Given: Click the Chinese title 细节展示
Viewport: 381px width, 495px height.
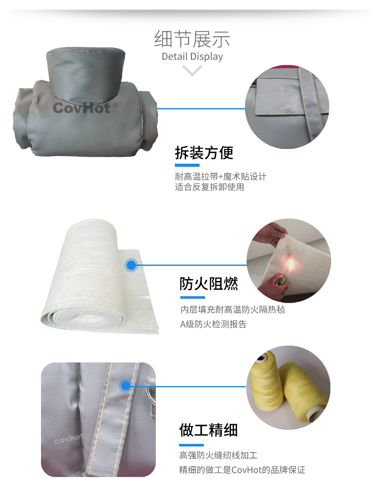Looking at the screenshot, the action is pos(192,39).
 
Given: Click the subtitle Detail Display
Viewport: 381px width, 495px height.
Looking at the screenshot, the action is pos(192,56).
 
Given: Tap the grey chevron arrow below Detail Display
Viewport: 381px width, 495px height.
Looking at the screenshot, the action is pos(192,70).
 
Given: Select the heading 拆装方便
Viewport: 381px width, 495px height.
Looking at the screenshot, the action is pos(204,153).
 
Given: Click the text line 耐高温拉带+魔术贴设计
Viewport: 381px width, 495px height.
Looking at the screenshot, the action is pos(220,176).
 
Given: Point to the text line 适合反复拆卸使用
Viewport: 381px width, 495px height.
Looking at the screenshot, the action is pos(209,187).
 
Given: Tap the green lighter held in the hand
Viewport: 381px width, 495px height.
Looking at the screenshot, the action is pos(280,281).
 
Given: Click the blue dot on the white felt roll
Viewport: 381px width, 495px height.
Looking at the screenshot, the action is pos(131,265).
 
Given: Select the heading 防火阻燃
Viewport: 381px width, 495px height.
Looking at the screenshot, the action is pos(209,283).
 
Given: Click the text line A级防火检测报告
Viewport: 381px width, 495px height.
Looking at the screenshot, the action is pos(213,324).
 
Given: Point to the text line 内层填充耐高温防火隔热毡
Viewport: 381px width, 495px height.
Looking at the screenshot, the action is pos(232,309).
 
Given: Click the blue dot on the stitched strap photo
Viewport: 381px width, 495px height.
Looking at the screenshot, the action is pos(126,386).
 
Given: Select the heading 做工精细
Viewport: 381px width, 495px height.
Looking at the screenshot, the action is pos(208,430).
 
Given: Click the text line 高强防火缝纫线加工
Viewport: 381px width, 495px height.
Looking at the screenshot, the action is pos(218,455).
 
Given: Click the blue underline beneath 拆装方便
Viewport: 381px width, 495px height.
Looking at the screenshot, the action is pos(187,165).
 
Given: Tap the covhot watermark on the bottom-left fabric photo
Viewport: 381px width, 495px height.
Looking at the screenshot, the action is pos(68,439).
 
